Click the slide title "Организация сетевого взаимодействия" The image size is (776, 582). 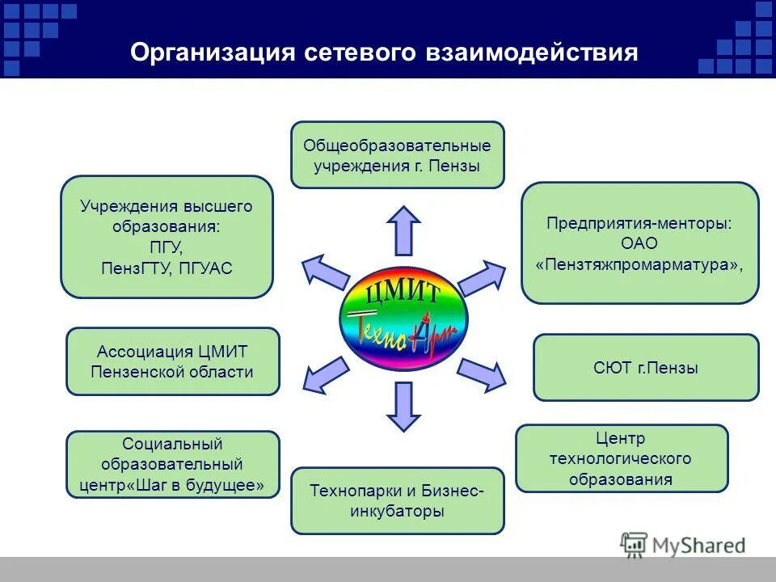[384, 53]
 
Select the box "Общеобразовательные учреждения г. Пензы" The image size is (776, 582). [397, 155]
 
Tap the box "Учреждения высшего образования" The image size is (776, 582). [167, 237]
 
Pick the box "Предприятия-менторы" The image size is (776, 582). [639, 242]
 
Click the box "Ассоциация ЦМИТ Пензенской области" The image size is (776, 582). [172, 361]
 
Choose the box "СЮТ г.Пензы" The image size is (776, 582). [645, 368]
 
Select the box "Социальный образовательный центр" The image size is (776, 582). [172, 464]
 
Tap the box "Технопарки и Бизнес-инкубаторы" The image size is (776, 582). [397, 500]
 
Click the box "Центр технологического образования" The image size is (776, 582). [621, 458]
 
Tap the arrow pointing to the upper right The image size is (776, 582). [482, 276]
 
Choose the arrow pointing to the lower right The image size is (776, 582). [482, 370]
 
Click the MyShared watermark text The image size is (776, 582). [695, 545]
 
